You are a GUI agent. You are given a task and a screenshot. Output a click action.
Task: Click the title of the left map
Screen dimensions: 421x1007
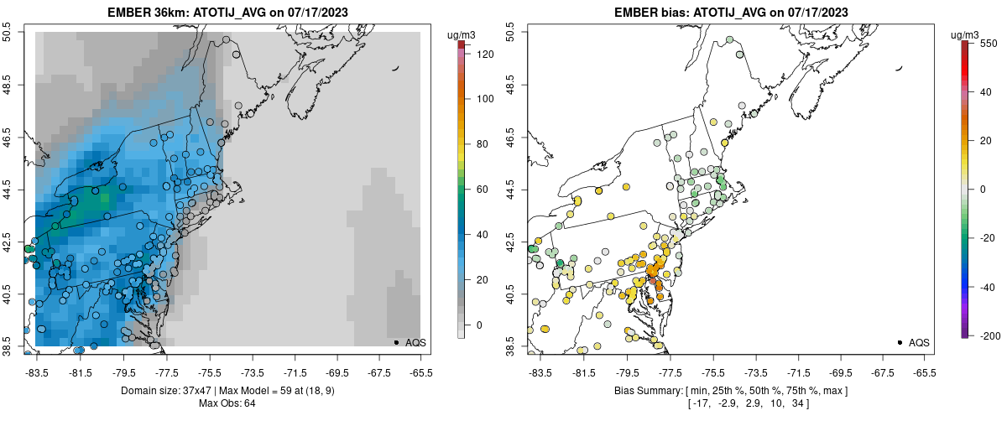coord(227,13)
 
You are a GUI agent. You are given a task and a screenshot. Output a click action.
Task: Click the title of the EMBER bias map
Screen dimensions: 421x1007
coord(731,13)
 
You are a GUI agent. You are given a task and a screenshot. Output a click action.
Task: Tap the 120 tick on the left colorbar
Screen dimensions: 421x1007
coord(484,54)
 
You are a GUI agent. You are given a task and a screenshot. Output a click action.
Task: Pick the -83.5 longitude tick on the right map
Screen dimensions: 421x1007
coord(538,372)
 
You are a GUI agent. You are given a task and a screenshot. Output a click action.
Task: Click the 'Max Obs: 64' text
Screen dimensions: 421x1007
coord(227,403)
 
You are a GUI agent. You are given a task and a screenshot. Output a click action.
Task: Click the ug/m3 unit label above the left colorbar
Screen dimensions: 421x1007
coord(462,34)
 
